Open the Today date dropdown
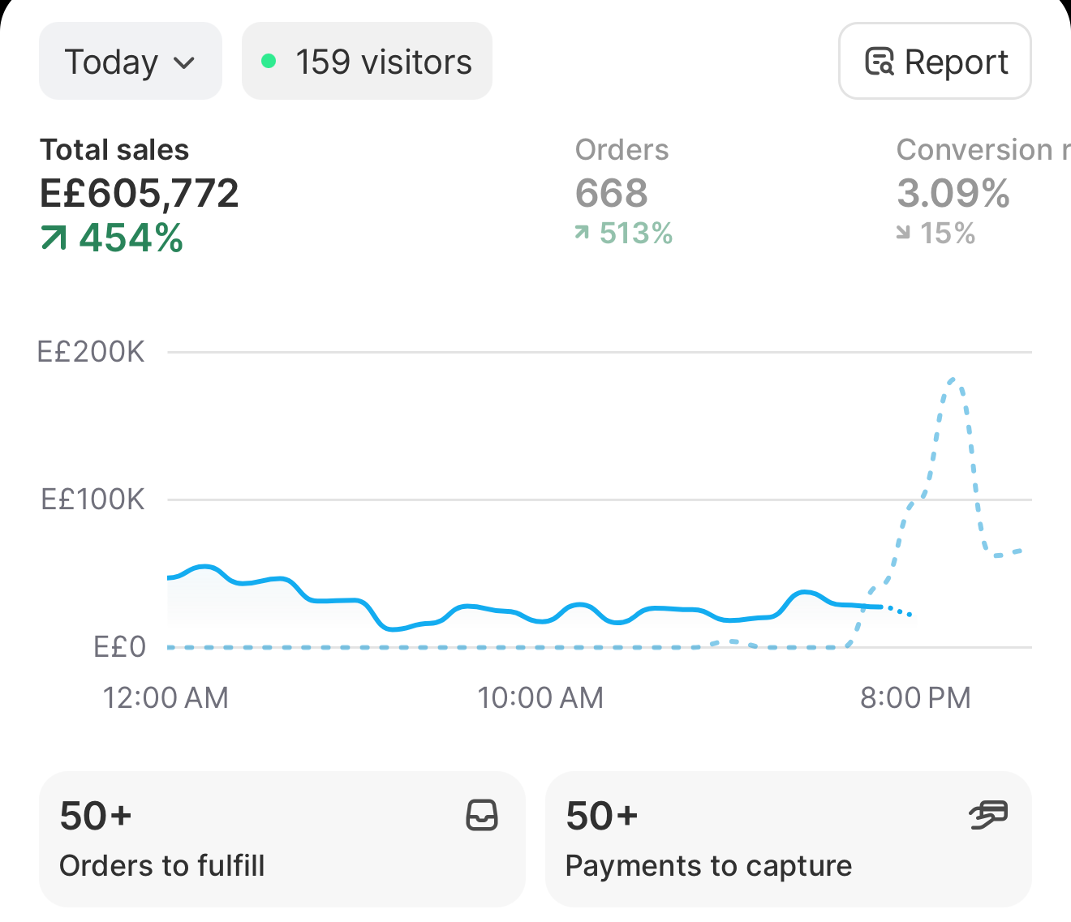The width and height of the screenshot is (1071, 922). click(130, 61)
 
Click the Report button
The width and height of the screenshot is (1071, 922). click(935, 61)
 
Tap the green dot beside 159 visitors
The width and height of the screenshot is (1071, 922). click(269, 61)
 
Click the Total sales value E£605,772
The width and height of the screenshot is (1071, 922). click(139, 193)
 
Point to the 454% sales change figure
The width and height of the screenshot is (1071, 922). click(131, 238)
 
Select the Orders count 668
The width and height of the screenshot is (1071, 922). click(612, 193)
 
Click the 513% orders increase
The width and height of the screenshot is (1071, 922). click(636, 233)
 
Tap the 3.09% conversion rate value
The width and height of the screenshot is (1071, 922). click(953, 193)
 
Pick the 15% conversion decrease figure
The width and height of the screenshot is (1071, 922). click(948, 233)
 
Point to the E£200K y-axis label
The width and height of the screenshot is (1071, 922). click(91, 352)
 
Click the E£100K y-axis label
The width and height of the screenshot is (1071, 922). click(92, 500)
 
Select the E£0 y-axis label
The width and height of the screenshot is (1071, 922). click(120, 646)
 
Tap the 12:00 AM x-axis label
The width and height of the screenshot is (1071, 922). click(166, 697)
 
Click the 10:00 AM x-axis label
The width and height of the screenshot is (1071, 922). click(540, 697)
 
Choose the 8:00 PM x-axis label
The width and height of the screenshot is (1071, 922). click(915, 697)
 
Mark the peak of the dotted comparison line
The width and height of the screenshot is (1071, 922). click(953, 380)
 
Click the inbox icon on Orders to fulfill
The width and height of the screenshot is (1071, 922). click(482, 815)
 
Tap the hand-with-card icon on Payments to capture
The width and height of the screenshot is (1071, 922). click(988, 815)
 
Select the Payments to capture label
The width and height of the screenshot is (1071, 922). click(708, 865)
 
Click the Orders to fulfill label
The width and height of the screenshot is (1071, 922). click(161, 865)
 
